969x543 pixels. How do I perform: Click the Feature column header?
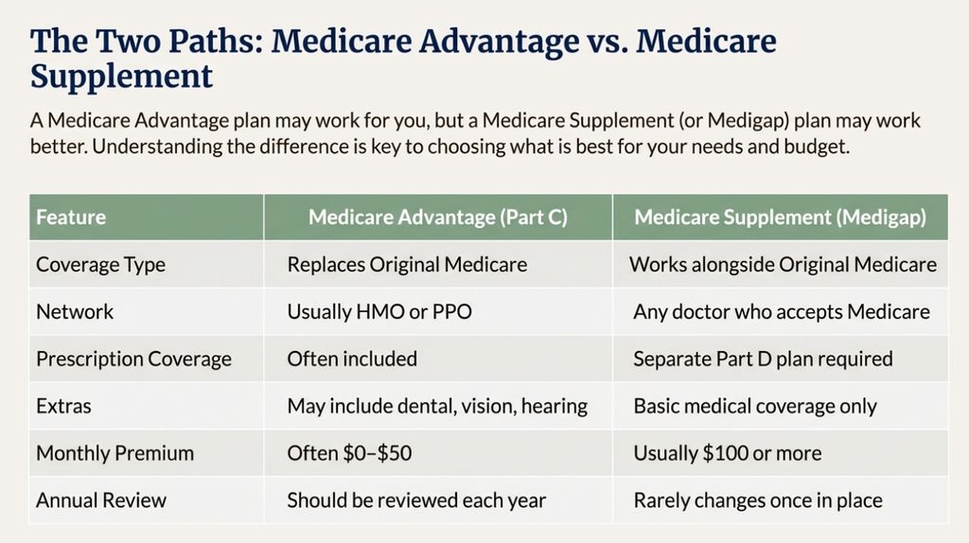71,217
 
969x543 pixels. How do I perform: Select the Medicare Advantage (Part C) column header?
438,217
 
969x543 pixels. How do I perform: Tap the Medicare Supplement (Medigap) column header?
780,217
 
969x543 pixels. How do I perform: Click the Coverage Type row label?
100,265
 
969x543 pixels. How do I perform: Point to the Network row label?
74,311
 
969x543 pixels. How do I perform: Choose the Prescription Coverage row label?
133,359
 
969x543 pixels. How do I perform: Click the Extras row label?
63,406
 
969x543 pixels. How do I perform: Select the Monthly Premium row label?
115,453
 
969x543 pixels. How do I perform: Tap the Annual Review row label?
100,499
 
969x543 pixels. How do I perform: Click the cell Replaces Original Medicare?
407,265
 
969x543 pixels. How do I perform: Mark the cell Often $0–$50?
349,453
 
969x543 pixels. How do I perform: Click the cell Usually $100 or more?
727,453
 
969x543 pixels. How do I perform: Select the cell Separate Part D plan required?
763,359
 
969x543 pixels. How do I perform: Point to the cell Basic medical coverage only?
755,406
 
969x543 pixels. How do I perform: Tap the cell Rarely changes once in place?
758,499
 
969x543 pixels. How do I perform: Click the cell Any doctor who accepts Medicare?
782,311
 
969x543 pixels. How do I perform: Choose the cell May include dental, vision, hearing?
437,406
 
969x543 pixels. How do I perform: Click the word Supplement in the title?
121,76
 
